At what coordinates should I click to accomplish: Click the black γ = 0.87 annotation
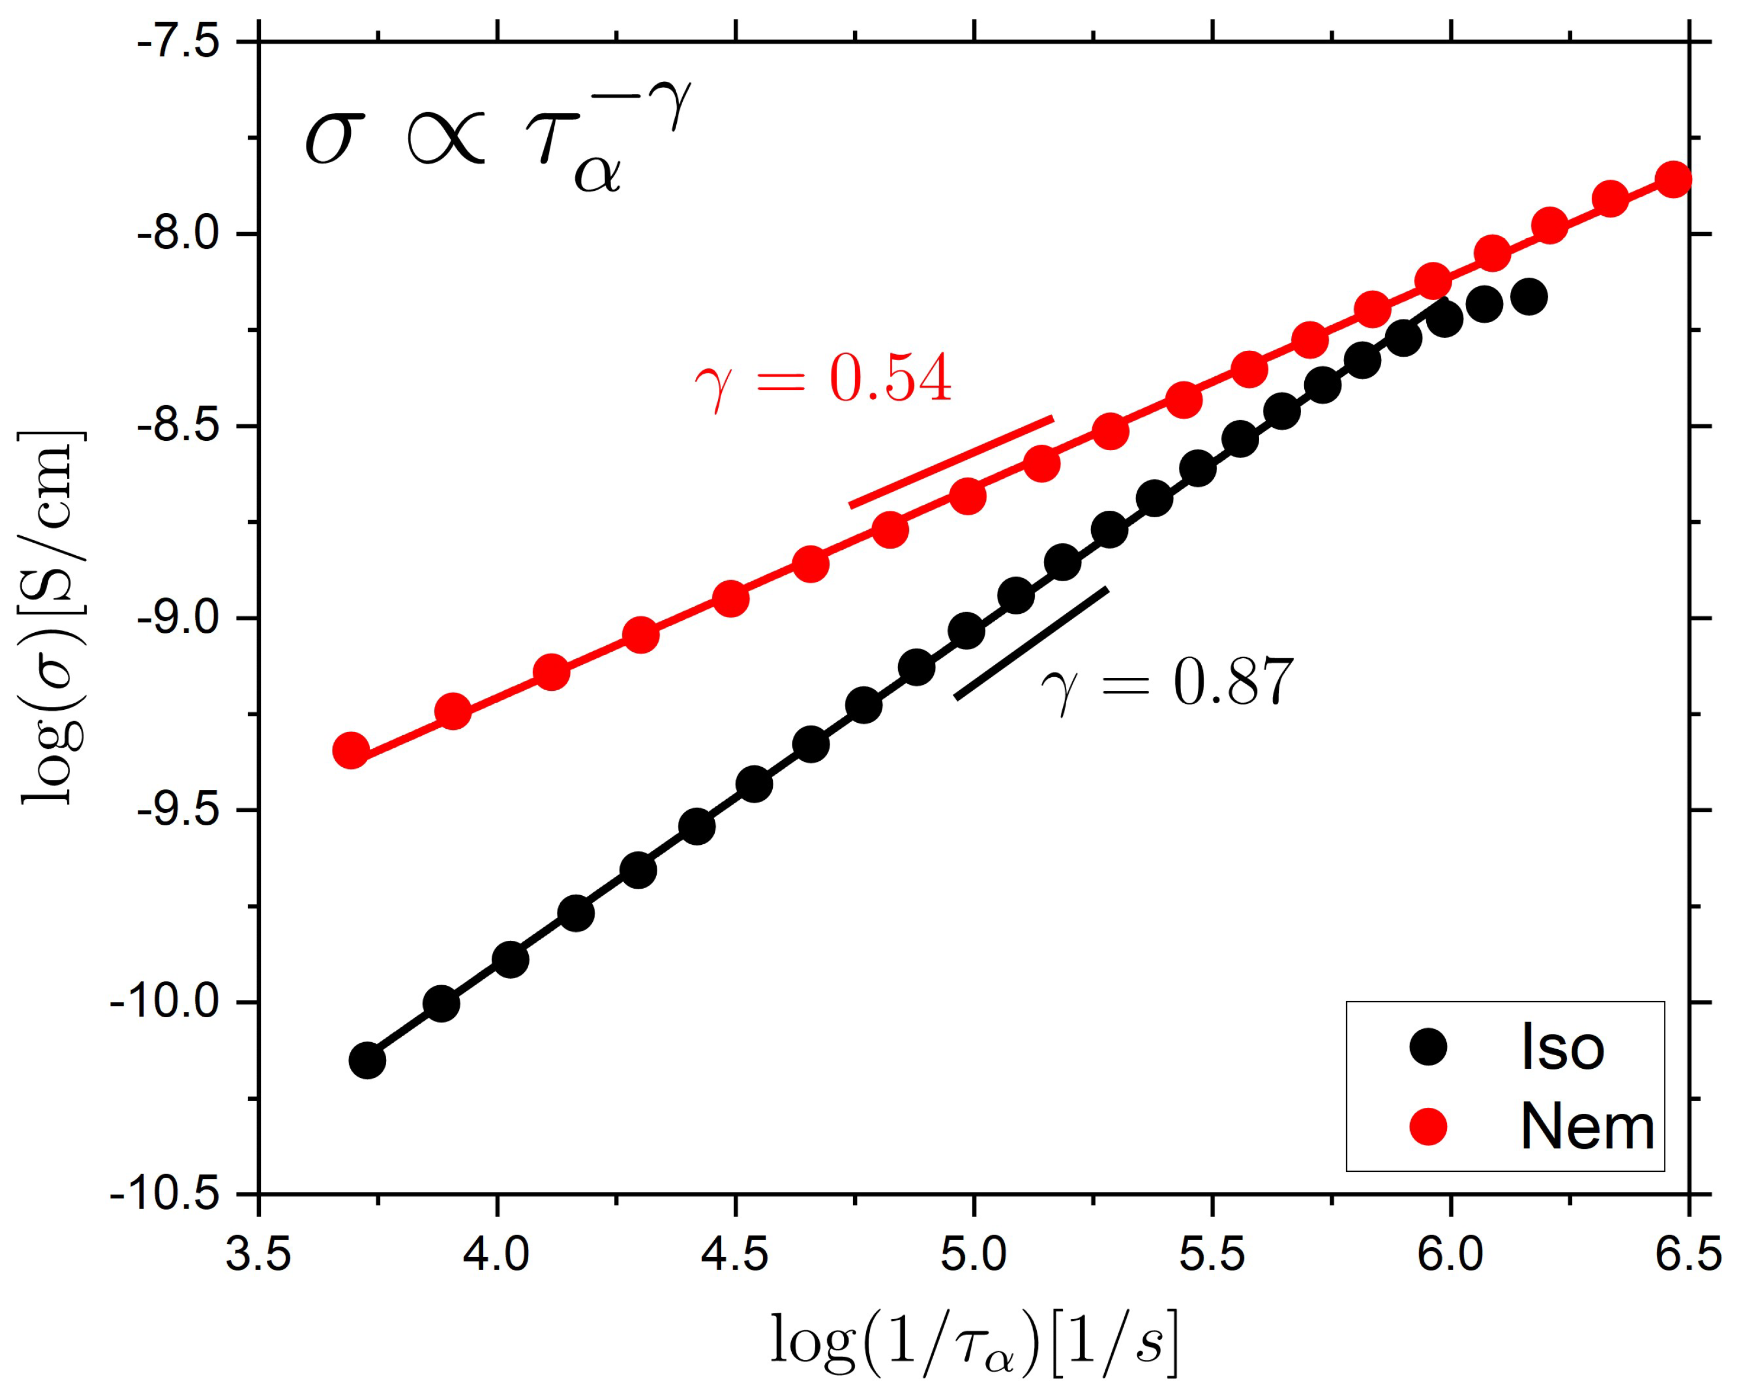click(x=1166, y=682)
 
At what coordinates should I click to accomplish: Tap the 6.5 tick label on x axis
click(x=1687, y=1257)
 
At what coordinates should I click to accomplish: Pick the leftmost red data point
click(x=350, y=751)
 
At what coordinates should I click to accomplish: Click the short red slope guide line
click(x=951, y=461)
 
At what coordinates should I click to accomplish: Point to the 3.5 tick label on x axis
click(x=259, y=1257)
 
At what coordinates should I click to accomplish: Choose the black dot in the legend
click(x=1428, y=1047)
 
